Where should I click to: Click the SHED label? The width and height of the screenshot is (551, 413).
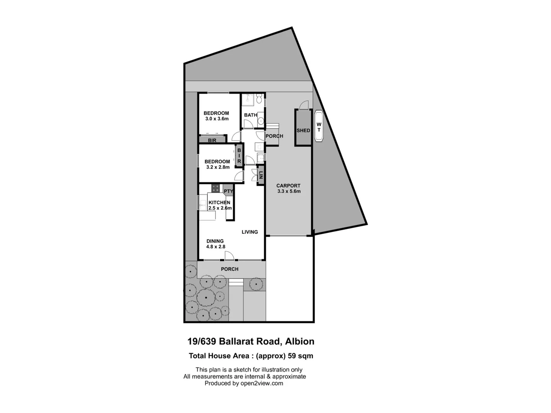303,130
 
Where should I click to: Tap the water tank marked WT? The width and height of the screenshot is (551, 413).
319,127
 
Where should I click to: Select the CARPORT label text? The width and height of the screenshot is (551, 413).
288,186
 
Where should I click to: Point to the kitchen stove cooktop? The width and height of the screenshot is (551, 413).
216,188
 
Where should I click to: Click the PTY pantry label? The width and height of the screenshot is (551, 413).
228,191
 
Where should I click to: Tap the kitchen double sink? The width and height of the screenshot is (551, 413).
203,203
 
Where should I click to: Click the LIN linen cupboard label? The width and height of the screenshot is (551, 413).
261,176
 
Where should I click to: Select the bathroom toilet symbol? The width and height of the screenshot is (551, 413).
259,100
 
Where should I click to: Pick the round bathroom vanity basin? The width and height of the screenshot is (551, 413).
261,121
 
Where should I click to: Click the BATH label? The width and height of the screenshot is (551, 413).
251,115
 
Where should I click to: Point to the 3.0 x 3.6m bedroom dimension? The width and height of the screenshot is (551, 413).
217,119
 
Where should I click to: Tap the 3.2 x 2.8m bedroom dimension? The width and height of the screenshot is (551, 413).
218,167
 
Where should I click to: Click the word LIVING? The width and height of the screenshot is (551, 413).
249,232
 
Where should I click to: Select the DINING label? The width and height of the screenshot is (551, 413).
215,241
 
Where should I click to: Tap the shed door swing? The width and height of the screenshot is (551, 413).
304,105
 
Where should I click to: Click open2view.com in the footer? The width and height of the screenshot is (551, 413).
262,383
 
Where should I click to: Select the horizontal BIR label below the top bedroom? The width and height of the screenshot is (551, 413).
212,140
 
